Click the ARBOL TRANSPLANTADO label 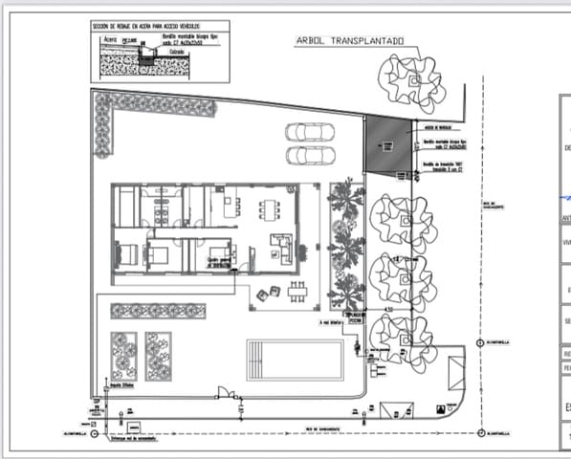tap(351, 41)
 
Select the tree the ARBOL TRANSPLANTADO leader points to tap(410, 79)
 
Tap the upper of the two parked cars tap(308, 133)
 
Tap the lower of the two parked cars tap(308, 154)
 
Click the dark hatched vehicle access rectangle tap(386, 144)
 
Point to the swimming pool tap(295, 360)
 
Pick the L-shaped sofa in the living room tap(281, 249)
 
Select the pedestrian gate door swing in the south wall tap(226, 392)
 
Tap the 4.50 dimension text tap(388, 309)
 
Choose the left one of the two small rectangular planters tap(123, 356)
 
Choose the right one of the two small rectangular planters tap(158, 356)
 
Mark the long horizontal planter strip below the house tap(158, 311)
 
